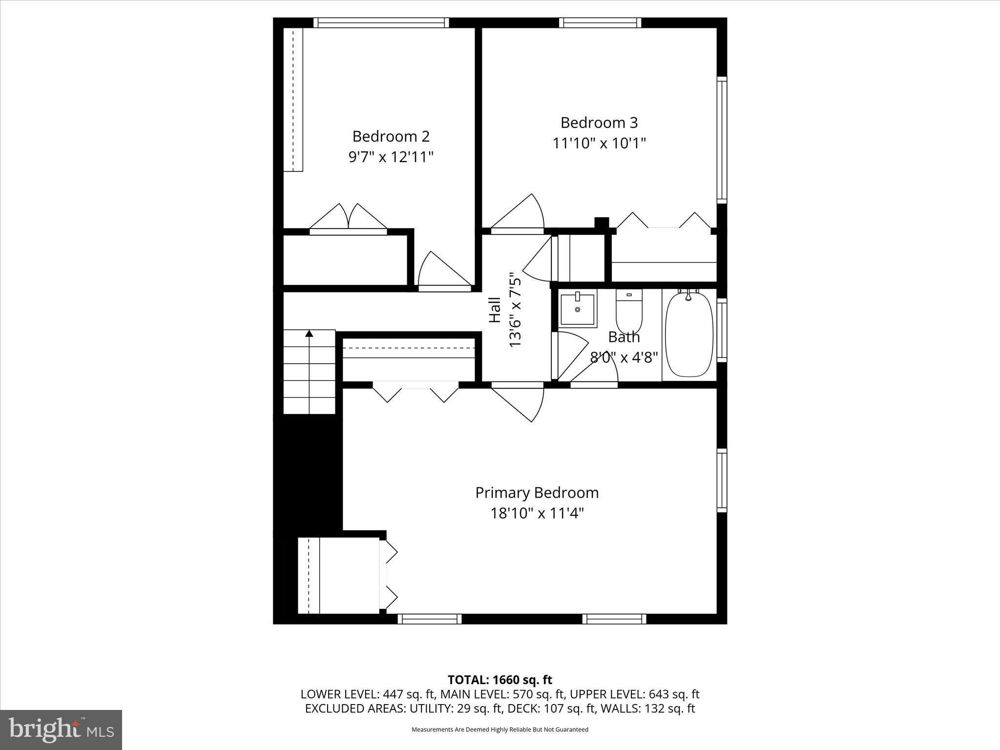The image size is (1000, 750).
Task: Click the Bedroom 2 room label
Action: point(391,136)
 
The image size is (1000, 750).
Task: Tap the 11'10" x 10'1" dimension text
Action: point(599,144)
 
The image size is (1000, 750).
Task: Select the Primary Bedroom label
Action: point(537,493)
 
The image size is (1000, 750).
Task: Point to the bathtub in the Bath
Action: point(688,334)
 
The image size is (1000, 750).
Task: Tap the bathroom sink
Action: point(578,310)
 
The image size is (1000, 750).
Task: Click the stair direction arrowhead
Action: point(309,334)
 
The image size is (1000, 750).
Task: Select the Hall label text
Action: point(495,310)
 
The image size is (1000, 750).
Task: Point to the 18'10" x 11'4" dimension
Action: point(537,514)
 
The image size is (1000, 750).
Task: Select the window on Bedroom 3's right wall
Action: point(721,140)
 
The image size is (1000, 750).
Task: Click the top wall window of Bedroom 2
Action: point(381,22)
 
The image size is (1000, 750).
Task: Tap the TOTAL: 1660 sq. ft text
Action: point(500,680)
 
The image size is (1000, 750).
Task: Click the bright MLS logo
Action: point(61,729)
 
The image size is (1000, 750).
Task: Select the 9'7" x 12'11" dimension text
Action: point(391,157)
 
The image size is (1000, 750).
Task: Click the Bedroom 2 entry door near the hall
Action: point(442,271)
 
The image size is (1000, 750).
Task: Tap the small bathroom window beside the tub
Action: point(721,330)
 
